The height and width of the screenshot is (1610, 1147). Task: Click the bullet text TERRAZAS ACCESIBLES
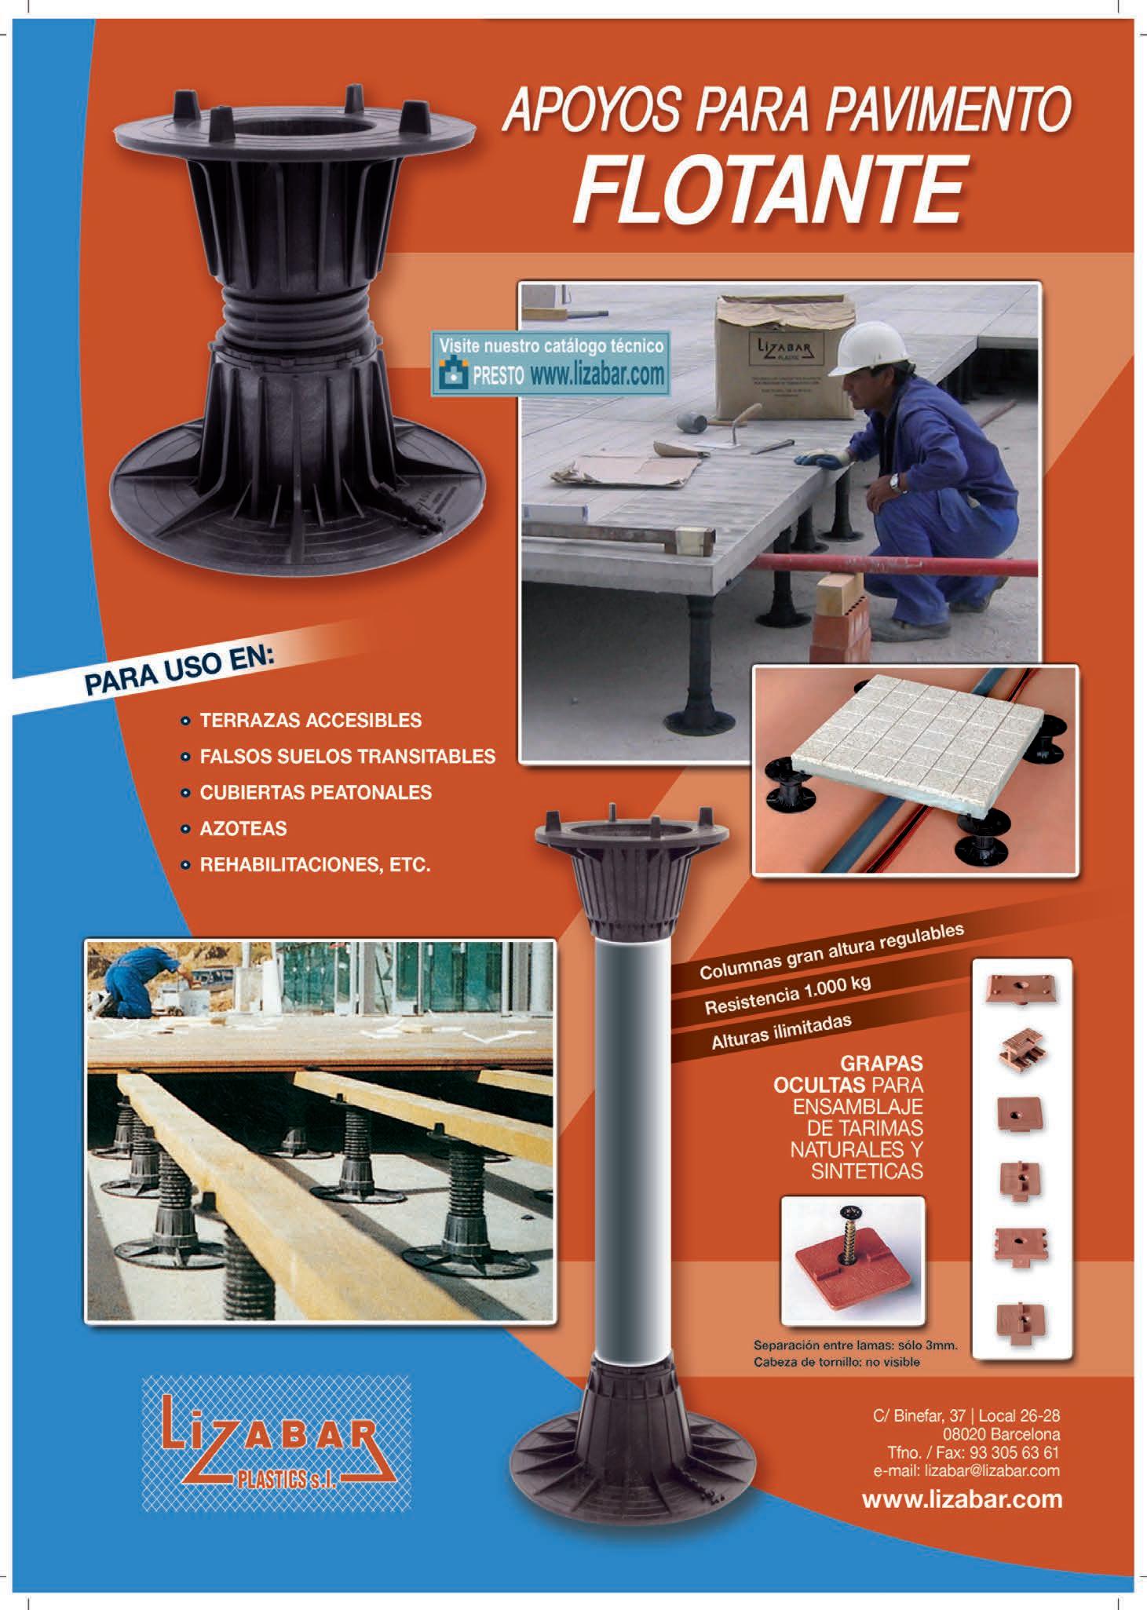click(x=311, y=720)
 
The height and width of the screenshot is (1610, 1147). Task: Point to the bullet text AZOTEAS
click(x=243, y=828)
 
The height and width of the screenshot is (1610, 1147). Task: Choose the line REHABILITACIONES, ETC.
click(x=316, y=865)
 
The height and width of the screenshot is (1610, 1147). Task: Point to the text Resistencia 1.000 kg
click(x=787, y=995)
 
